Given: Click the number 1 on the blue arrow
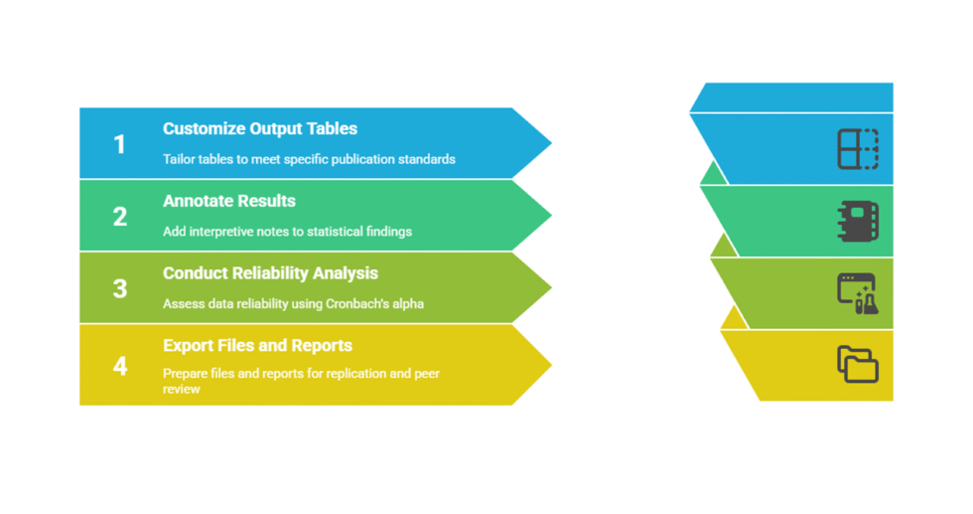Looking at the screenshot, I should pyautogui.click(x=120, y=144).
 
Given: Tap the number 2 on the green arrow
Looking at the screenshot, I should pyautogui.click(x=120, y=217).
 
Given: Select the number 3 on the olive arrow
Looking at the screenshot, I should pyautogui.click(x=120, y=288).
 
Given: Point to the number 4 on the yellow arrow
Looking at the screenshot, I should pyautogui.click(x=120, y=366).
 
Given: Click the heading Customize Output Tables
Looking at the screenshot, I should pyautogui.click(x=260, y=129).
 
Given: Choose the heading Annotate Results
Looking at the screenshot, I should pyautogui.click(x=229, y=201).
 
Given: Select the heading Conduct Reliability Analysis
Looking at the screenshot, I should pyautogui.click(x=270, y=273).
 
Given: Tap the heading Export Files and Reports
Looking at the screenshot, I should pyautogui.click(x=257, y=346).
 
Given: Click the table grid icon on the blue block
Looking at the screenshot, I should pyautogui.click(x=858, y=149).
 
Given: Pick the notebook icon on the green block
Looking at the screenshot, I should pyautogui.click(x=858, y=221).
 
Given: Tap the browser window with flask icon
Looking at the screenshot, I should pyautogui.click(x=858, y=293).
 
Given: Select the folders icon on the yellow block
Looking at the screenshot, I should pyautogui.click(x=858, y=365).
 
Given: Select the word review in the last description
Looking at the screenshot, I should pyautogui.click(x=182, y=389).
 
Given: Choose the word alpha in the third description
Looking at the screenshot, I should pyautogui.click(x=407, y=303).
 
